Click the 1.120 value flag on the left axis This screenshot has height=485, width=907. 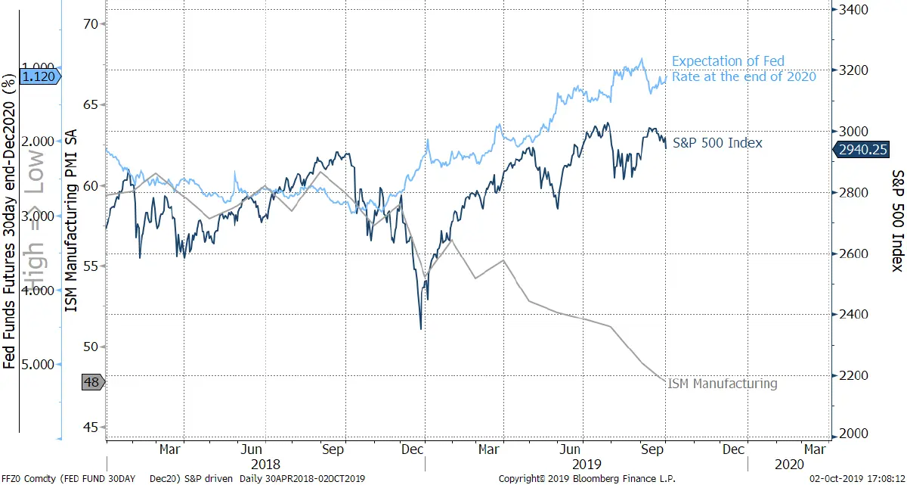(40, 76)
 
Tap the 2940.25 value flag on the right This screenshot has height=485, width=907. (861, 150)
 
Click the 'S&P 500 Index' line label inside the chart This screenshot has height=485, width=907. (717, 142)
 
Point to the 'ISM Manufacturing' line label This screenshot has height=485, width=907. (723, 384)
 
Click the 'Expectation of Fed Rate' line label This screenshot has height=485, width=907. (744, 69)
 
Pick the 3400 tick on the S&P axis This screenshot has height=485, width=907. (853, 10)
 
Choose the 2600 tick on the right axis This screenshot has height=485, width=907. (853, 253)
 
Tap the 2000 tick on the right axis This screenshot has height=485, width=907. (853, 434)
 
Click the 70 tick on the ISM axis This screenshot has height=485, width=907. (91, 24)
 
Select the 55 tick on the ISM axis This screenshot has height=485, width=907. (91, 266)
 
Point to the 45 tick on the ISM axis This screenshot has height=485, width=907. (91, 427)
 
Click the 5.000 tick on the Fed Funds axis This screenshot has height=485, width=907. (38, 365)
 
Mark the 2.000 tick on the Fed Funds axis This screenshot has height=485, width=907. (38, 141)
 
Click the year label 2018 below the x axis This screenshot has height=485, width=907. (265, 465)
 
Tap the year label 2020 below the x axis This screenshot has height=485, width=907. (789, 465)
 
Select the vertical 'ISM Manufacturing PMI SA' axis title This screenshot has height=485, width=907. (71, 221)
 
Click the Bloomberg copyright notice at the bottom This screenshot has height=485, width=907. (587, 479)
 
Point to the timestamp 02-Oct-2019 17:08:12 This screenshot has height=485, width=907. (857, 479)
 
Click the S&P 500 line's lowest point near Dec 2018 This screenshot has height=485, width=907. (421, 329)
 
